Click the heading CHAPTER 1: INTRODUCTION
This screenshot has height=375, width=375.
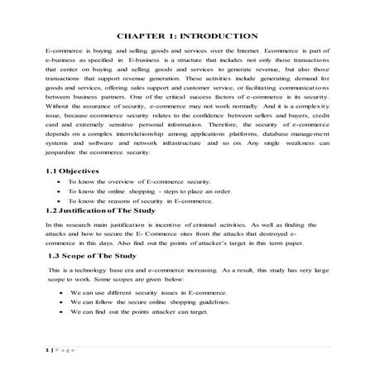pyautogui.click(x=188, y=36)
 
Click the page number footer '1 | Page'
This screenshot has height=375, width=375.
pyautogui.click(x=60, y=350)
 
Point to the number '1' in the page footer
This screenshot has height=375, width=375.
pyautogui.click(x=47, y=350)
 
